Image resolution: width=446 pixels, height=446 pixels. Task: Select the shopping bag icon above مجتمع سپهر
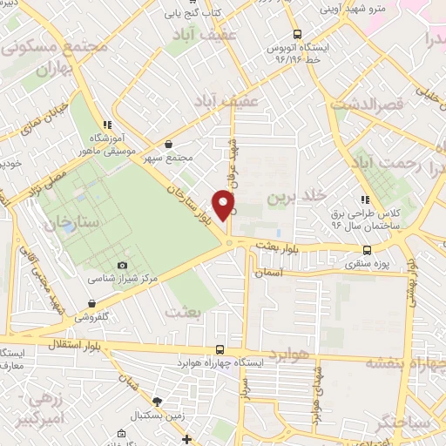click(x=168, y=145)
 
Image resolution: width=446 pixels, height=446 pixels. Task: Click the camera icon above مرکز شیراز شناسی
click(x=123, y=265)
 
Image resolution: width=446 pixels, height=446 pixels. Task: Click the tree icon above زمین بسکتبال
click(x=157, y=402)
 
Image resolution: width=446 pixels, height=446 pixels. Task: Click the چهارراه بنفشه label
click(x=402, y=362)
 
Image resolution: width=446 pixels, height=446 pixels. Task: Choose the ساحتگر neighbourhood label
click(x=404, y=422)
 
